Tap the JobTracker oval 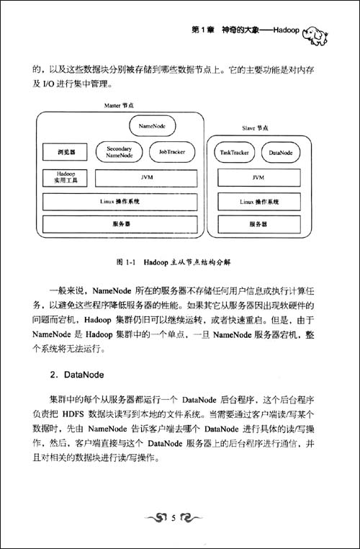click(x=168, y=152)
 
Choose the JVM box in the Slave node click(x=257, y=177)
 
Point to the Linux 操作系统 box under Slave click(x=257, y=201)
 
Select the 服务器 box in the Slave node click(x=257, y=224)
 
